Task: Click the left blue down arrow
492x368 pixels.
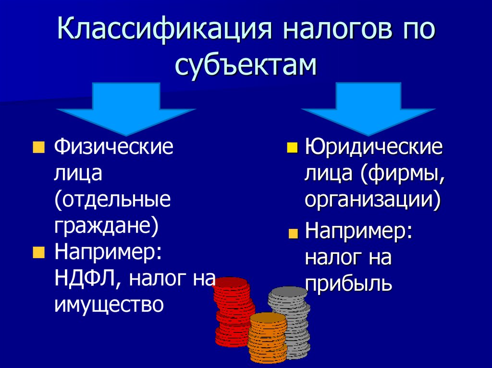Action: [x=126, y=107]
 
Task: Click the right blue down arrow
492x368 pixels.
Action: [x=368, y=107]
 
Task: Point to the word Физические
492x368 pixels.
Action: [x=113, y=146]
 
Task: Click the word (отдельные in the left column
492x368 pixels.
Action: [x=112, y=199]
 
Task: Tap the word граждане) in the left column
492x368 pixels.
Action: [x=106, y=226]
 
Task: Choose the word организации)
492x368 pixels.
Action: [x=372, y=200]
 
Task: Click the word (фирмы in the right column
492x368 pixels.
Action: [x=403, y=173]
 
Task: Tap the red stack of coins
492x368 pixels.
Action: [x=233, y=312]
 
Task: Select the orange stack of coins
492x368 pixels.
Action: [x=267, y=338]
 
